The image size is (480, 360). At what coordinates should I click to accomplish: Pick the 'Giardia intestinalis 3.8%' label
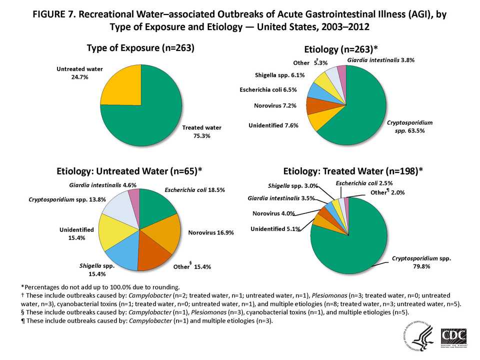click(380, 60)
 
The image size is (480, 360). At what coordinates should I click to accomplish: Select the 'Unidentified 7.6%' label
click(273, 125)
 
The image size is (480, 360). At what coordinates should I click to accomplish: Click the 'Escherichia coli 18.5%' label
click(194, 190)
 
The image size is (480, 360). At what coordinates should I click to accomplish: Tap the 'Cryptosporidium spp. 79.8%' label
click(421, 262)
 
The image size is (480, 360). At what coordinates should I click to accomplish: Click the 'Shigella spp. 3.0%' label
click(291, 186)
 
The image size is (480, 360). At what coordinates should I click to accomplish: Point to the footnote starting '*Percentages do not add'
click(100, 287)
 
